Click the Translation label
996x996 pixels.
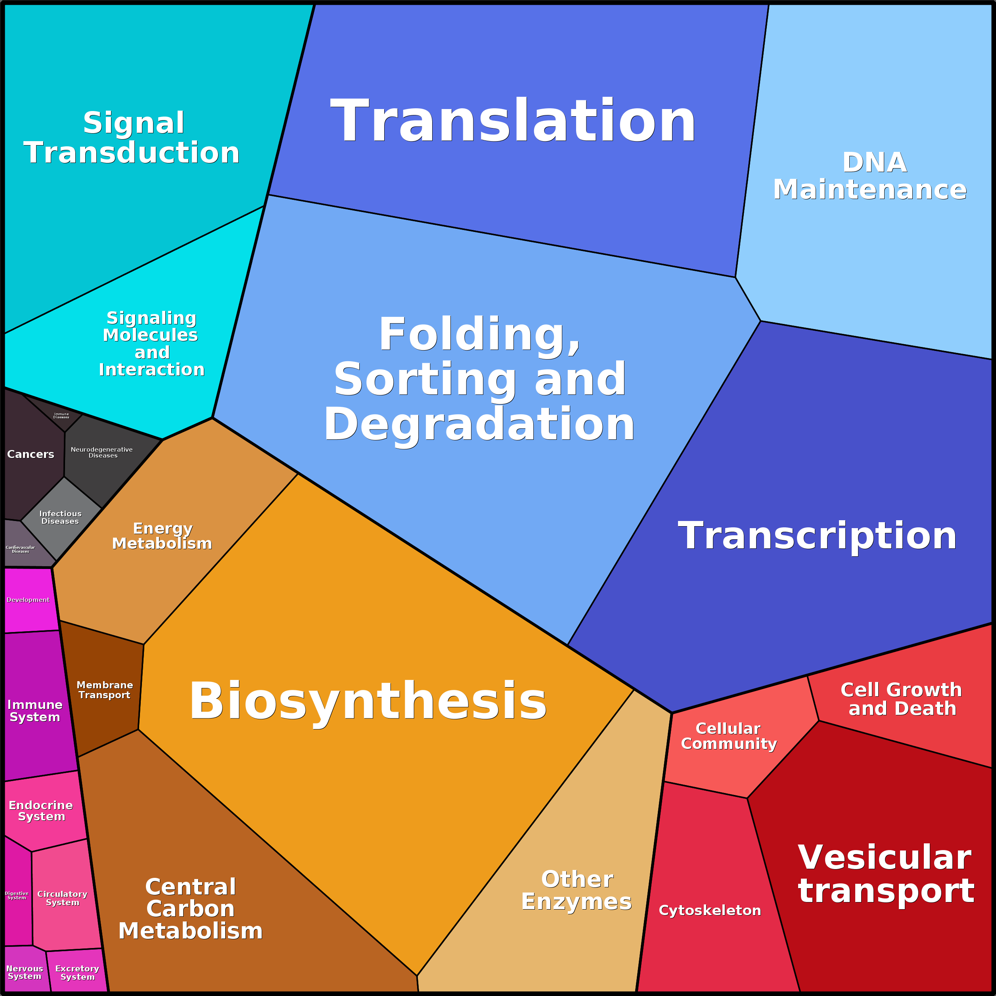coord(513,122)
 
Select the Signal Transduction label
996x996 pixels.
coord(132,138)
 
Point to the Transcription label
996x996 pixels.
coord(817,536)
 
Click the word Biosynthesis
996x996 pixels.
coord(368,701)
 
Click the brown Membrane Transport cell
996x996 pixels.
coord(105,690)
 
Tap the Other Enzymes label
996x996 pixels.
coord(577,890)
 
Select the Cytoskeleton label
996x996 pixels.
coord(710,910)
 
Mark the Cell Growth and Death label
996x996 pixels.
coord(902,699)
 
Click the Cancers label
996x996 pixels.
coord(31,454)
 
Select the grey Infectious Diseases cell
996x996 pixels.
coord(60,517)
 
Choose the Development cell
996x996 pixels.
coord(29,600)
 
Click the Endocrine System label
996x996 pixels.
coord(41,811)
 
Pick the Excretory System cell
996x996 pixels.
coord(77,972)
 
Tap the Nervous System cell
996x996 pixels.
coord(25,972)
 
